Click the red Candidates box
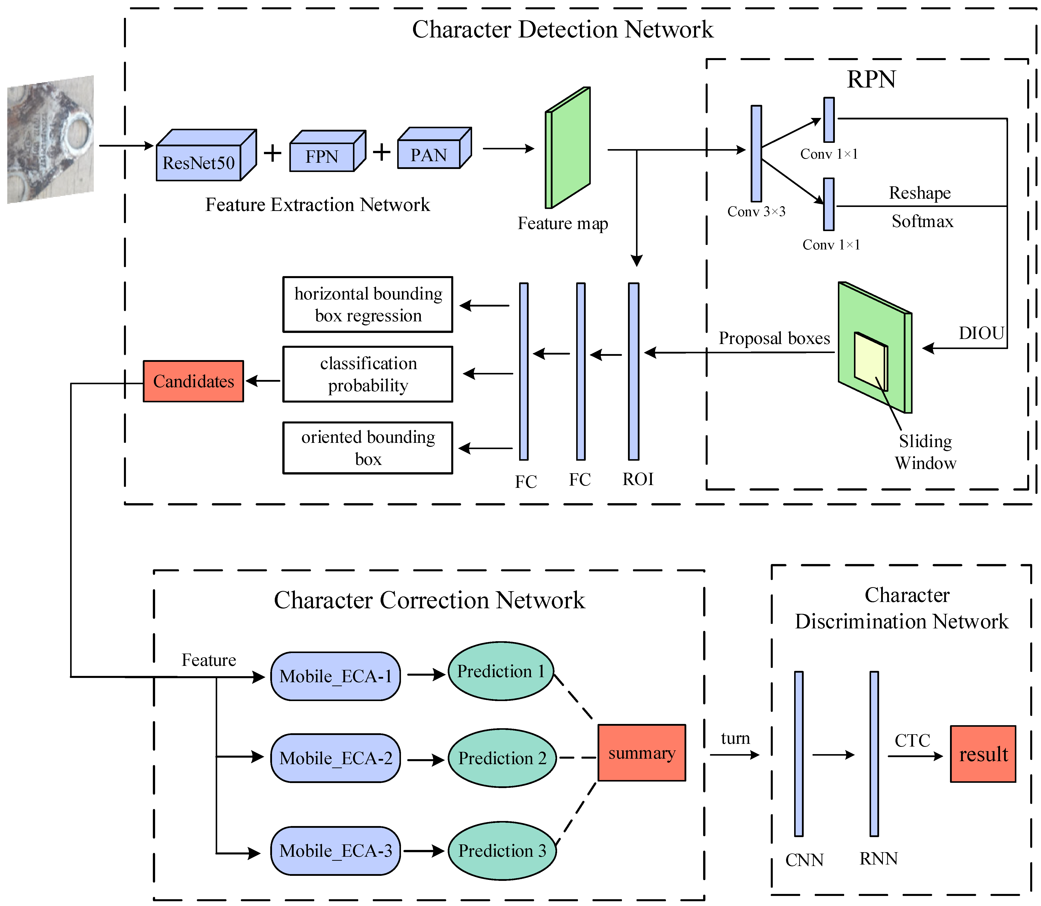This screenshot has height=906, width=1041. [x=194, y=381]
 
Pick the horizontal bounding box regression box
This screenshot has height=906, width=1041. [x=368, y=304]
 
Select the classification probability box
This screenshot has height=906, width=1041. [x=368, y=374]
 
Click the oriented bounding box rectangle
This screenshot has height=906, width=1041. [x=368, y=448]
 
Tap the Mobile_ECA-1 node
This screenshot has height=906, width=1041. [x=336, y=676]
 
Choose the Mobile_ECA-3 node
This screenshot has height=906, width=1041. [x=336, y=851]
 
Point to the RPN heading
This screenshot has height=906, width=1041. [x=871, y=79]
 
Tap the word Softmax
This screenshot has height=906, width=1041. [x=922, y=222]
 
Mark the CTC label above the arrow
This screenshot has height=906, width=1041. [x=912, y=741]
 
